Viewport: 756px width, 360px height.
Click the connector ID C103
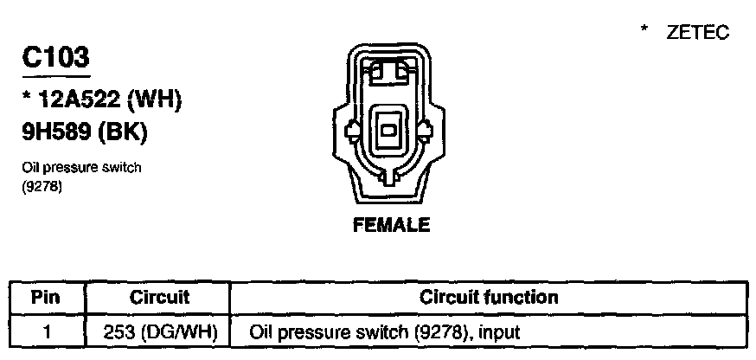[55, 59]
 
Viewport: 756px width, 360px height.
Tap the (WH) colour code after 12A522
[154, 101]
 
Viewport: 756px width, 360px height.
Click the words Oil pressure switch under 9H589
[80, 168]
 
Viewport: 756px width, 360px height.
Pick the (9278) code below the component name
[39, 183]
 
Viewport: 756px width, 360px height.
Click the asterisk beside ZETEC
[644, 31]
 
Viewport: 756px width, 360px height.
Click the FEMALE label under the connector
[392, 225]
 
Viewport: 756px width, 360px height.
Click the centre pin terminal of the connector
[390, 131]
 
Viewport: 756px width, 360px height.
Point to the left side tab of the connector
[353, 132]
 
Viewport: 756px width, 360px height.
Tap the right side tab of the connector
[426, 132]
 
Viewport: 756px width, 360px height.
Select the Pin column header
[45, 298]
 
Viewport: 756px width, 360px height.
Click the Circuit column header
[159, 298]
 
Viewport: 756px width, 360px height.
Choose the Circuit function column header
[489, 298]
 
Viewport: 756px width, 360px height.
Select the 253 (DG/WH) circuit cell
[159, 331]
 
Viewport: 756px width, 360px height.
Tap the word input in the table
[499, 331]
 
